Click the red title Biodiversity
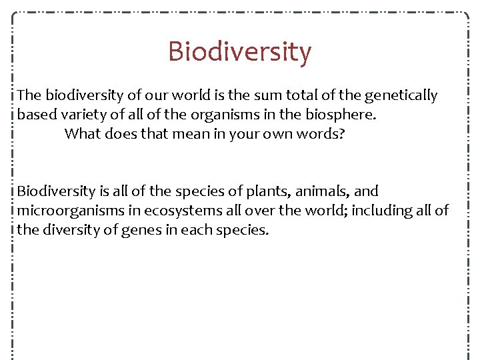[x=239, y=51]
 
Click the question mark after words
[x=342, y=133]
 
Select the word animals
[x=323, y=192]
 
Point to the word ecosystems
[x=178, y=211]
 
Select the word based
[x=37, y=115]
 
